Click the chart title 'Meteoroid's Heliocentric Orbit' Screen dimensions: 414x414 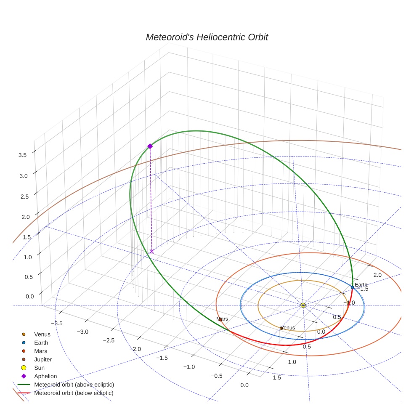click(207, 37)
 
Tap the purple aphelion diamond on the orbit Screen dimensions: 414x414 click(150, 146)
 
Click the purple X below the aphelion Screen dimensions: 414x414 click(151, 251)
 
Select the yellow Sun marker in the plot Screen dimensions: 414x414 click(303, 305)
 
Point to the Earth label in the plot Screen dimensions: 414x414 click(361, 285)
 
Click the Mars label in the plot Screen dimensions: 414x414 click(222, 319)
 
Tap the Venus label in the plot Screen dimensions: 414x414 click(288, 328)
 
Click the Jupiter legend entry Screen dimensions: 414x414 click(43, 359)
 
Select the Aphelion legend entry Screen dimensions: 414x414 click(45, 376)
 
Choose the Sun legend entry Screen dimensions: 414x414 click(39, 368)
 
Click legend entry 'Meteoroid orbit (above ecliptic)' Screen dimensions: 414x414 click(74, 385)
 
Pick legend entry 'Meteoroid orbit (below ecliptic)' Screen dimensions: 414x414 click(74, 393)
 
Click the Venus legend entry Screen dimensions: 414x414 click(42, 334)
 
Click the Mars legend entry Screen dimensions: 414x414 click(40, 351)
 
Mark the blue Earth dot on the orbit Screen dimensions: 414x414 click(353, 287)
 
